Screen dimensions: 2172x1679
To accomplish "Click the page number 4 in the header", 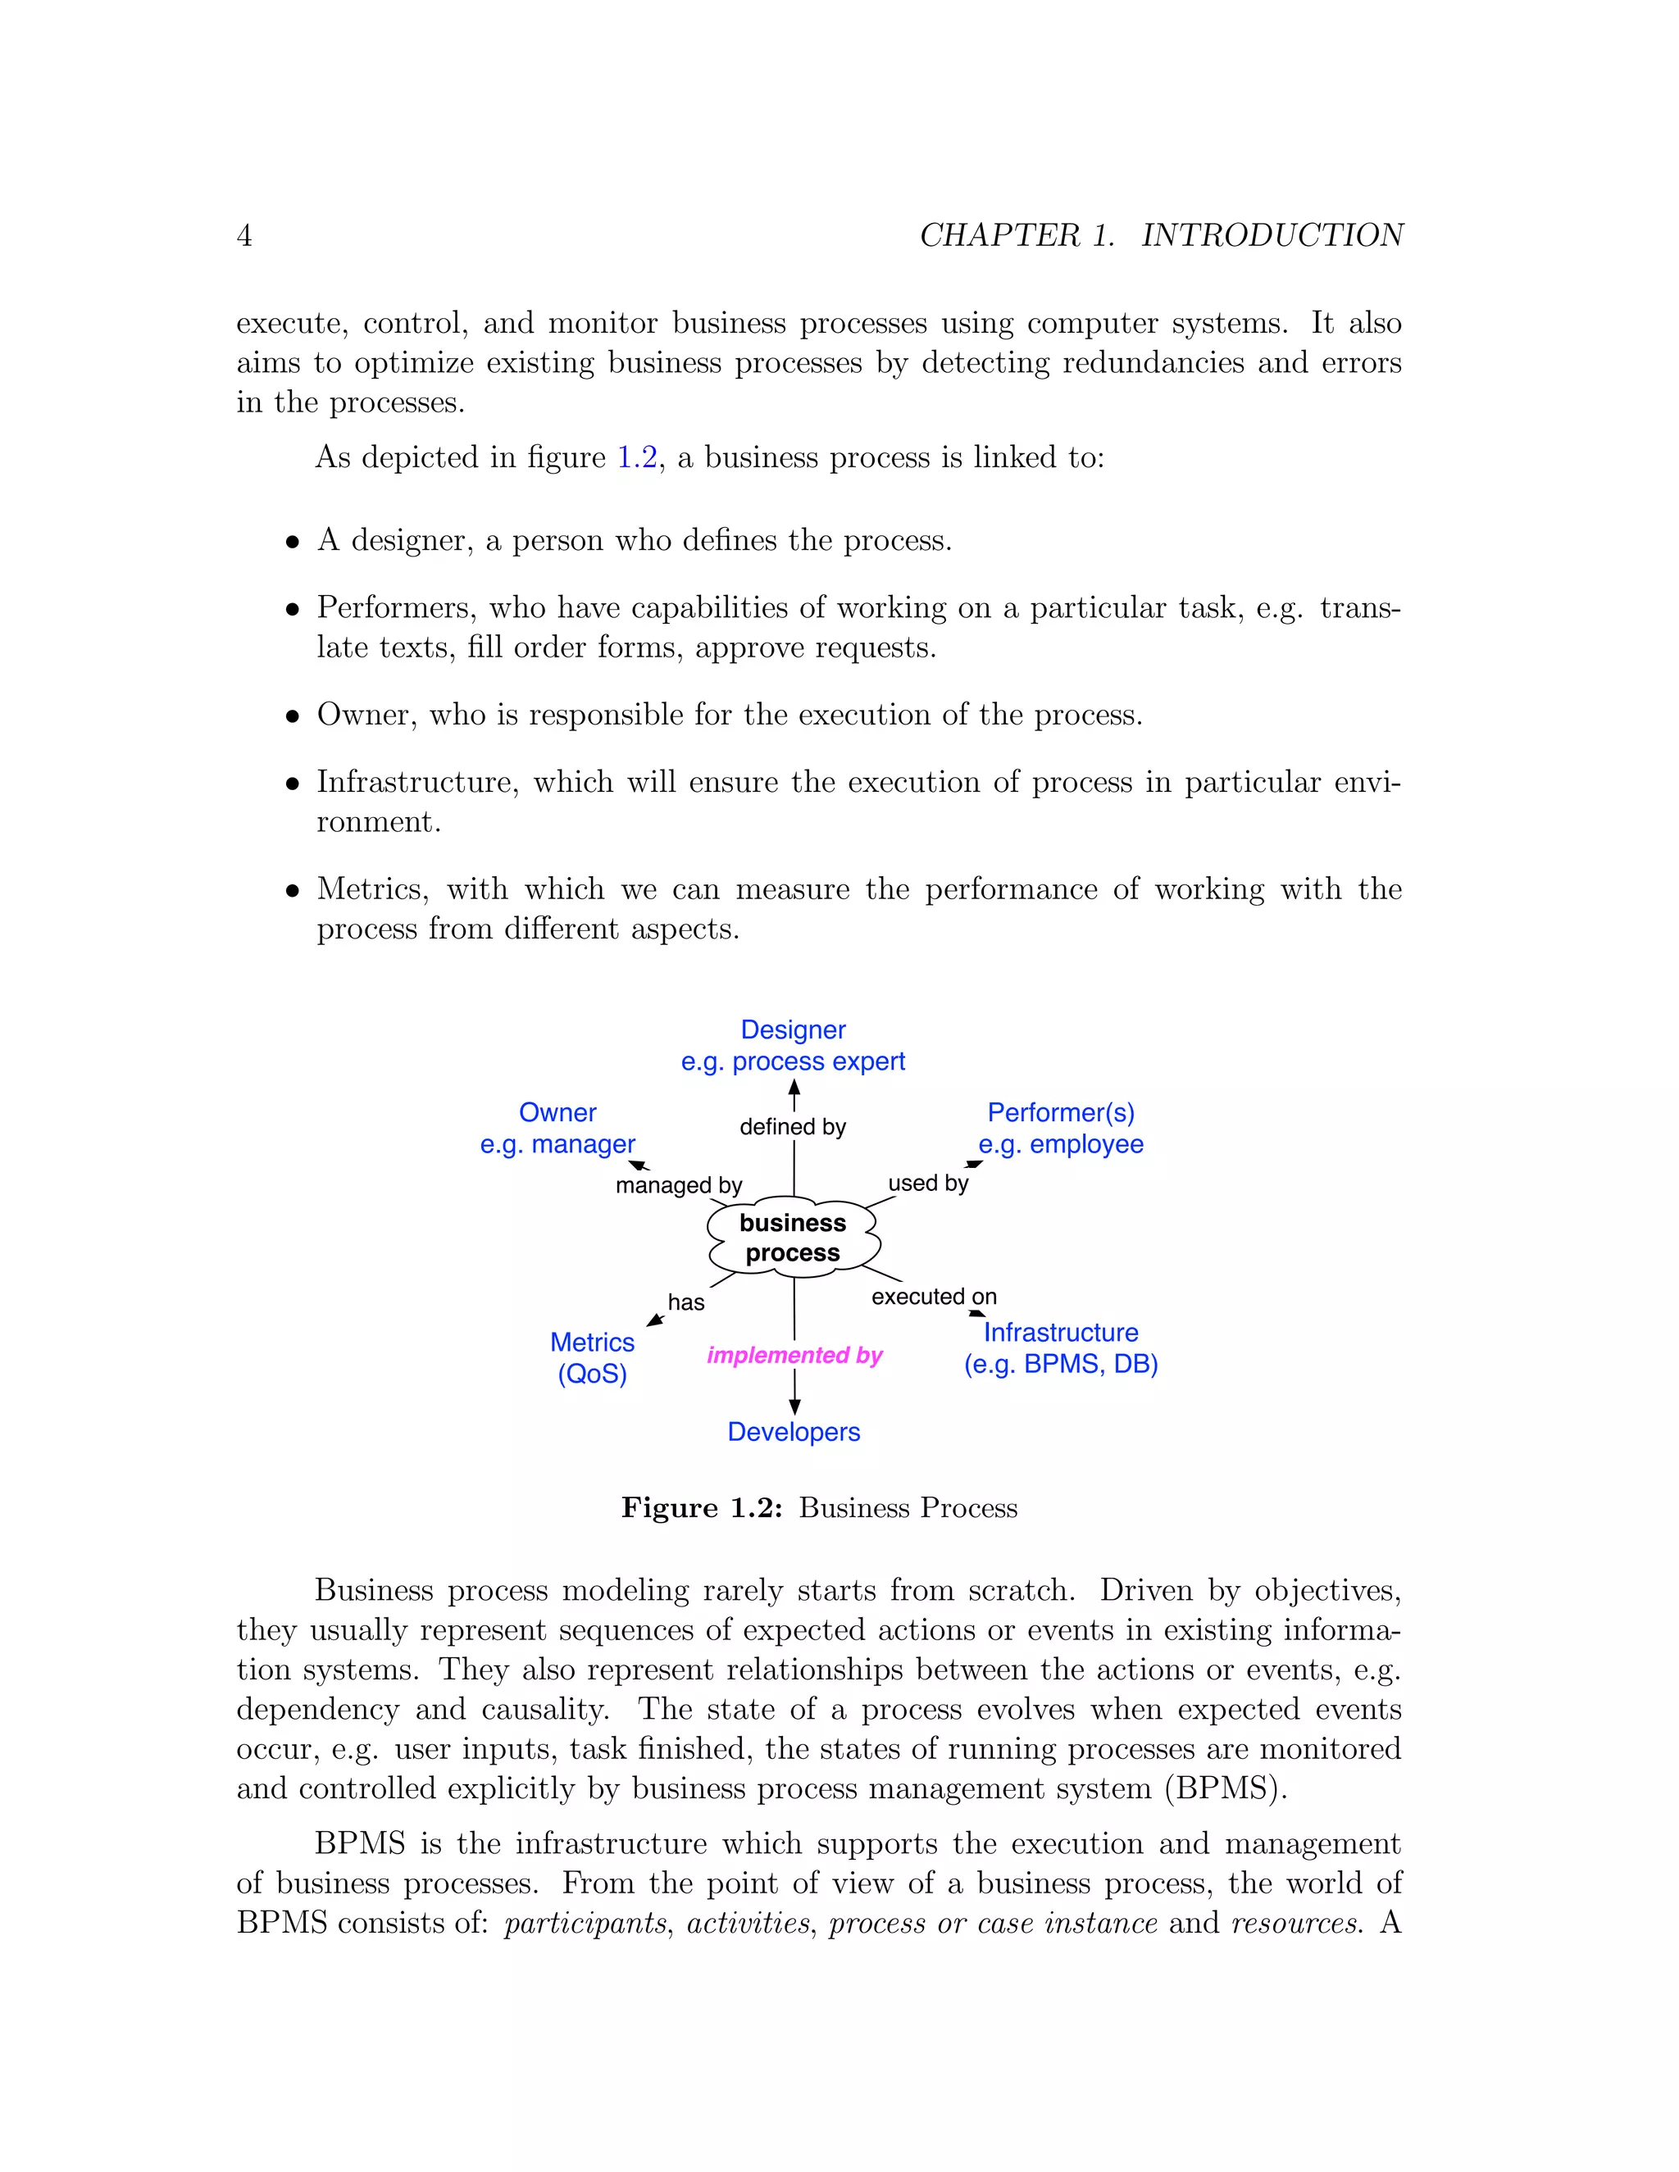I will pos(243,236).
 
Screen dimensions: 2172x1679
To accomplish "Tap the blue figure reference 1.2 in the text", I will pos(636,457).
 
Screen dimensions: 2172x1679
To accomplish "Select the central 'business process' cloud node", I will pos(793,1238).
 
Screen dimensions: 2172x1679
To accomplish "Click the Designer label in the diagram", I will pos(793,1029).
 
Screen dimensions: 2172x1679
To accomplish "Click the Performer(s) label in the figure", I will pos(1060,1112).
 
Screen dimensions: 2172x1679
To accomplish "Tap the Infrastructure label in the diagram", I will pos(1060,1333).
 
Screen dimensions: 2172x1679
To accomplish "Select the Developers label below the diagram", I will pos(793,1432).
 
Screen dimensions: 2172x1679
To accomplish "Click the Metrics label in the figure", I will pos(592,1343).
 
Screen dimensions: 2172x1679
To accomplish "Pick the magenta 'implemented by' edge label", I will pos(794,1356).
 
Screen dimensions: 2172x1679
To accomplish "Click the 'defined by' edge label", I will pos(793,1127).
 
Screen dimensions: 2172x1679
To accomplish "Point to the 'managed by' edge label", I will pos(678,1185).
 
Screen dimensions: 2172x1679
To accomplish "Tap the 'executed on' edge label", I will pos(933,1297).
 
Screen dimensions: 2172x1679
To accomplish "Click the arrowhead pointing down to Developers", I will pos(794,1406).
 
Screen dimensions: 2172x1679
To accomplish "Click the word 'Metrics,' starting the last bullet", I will pos(372,889).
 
